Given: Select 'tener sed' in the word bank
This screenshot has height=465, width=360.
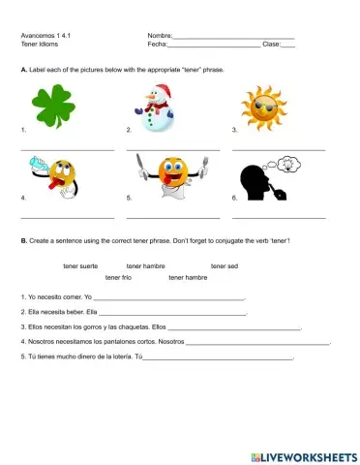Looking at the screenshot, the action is pyautogui.click(x=225, y=265).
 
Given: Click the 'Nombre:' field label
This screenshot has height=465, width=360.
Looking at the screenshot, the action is pyautogui.click(x=160, y=36).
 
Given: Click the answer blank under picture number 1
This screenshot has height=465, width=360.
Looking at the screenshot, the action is pyautogui.click(x=67, y=149).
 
